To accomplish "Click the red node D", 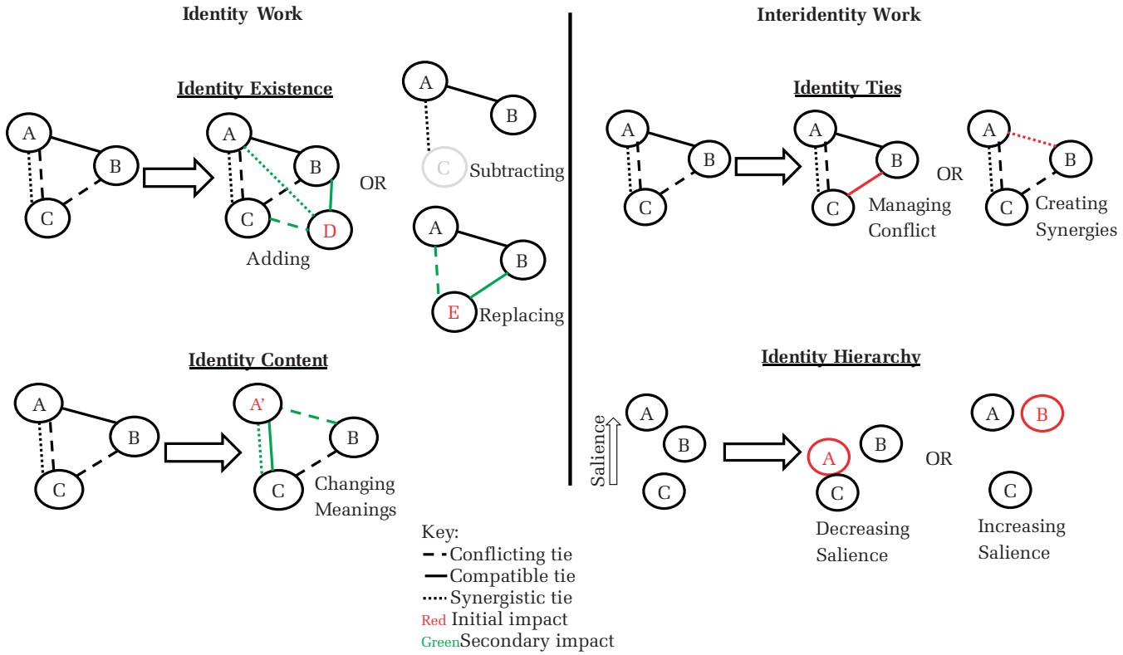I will [330, 230].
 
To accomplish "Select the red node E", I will [453, 314].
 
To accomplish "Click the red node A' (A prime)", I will [257, 405].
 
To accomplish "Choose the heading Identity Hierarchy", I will [839, 357].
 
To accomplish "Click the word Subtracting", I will [517, 173].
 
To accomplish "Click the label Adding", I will [277, 259].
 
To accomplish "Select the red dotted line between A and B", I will [1027, 138].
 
